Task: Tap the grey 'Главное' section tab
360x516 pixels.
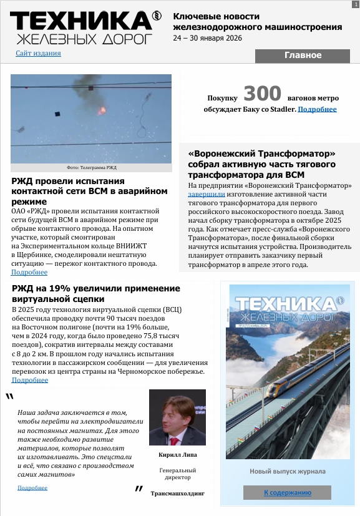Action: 303,56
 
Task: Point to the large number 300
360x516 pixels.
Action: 262,94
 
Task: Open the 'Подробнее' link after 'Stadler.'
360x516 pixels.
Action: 317,110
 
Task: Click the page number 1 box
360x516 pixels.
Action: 354,4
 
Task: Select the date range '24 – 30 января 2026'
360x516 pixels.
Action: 208,38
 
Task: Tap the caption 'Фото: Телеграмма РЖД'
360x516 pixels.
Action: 91,168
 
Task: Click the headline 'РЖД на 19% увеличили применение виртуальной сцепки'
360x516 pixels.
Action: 95,294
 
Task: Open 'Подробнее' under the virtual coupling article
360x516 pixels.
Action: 29,380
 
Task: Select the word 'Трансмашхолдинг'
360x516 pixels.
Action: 177,493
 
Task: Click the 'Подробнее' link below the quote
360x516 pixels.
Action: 32,487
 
